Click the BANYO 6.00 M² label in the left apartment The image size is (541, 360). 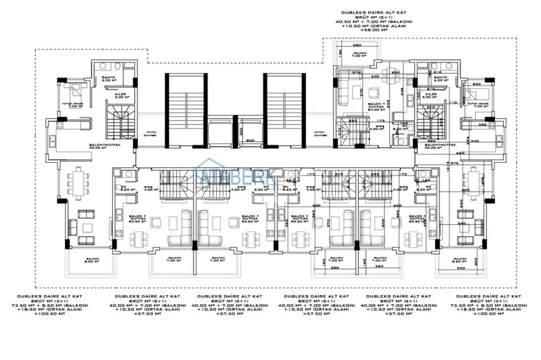pyautogui.click(x=108, y=80)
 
